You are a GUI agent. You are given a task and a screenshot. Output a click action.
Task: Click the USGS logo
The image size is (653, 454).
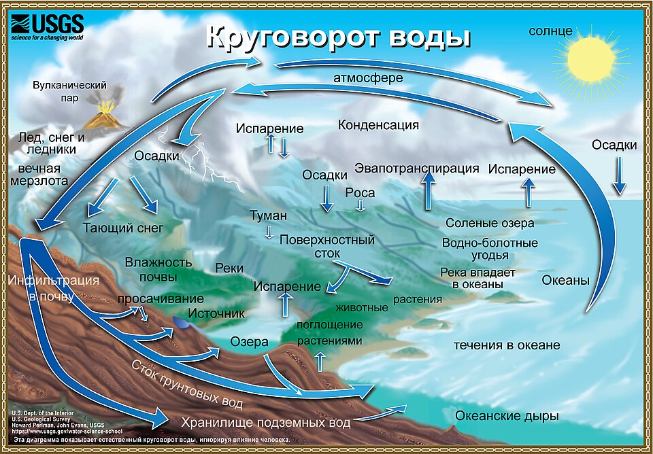(x=47, y=27)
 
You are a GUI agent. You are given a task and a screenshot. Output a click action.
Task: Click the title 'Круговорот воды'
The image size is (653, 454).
(x=338, y=38)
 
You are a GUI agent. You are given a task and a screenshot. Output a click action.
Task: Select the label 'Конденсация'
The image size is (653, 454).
(x=378, y=125)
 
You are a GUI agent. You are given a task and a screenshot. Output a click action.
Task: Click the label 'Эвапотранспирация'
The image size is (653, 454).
(x=417, y=169)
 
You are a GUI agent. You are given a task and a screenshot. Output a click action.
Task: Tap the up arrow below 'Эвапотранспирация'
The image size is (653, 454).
(x=428, y=191)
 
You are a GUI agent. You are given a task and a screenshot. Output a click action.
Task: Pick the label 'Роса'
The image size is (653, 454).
(x=360, y=193)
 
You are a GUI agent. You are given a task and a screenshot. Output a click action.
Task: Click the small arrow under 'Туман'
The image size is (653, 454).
(x=269, y=232)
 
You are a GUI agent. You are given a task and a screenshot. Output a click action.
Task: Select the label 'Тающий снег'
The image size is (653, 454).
(x=123, y=228)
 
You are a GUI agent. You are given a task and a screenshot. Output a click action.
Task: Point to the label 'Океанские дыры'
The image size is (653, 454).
(x=506, y=416)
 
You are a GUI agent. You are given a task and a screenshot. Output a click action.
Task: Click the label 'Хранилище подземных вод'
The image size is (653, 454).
(x=266, y=422)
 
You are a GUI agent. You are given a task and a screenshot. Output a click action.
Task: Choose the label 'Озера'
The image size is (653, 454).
(x=249, y=342)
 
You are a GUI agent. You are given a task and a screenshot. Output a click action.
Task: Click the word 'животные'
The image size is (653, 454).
(x=362, y=308)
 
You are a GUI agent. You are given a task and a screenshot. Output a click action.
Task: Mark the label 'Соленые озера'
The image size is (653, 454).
(x=490, y=223)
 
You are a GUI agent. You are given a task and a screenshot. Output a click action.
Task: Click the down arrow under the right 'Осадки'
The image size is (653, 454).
(x=620, y=175)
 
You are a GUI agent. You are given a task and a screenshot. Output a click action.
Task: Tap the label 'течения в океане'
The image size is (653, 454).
(x=507, y=345)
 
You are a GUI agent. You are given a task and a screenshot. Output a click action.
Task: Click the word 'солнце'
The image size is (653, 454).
(x=550, y=32)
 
